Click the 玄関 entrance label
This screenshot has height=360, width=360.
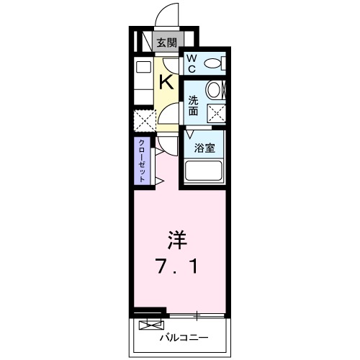(x=166, y=42)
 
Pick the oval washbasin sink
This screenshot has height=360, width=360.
(x=214, y=90)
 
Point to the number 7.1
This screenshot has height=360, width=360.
(x=177, y=266)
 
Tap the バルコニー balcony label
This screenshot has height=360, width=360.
(x=183, y=336)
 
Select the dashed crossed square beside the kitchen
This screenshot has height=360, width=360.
(x=144, y=118)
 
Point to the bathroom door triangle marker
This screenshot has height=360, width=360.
(x=190, y=133)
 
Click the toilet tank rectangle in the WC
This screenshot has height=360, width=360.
(x=224, y=63)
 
